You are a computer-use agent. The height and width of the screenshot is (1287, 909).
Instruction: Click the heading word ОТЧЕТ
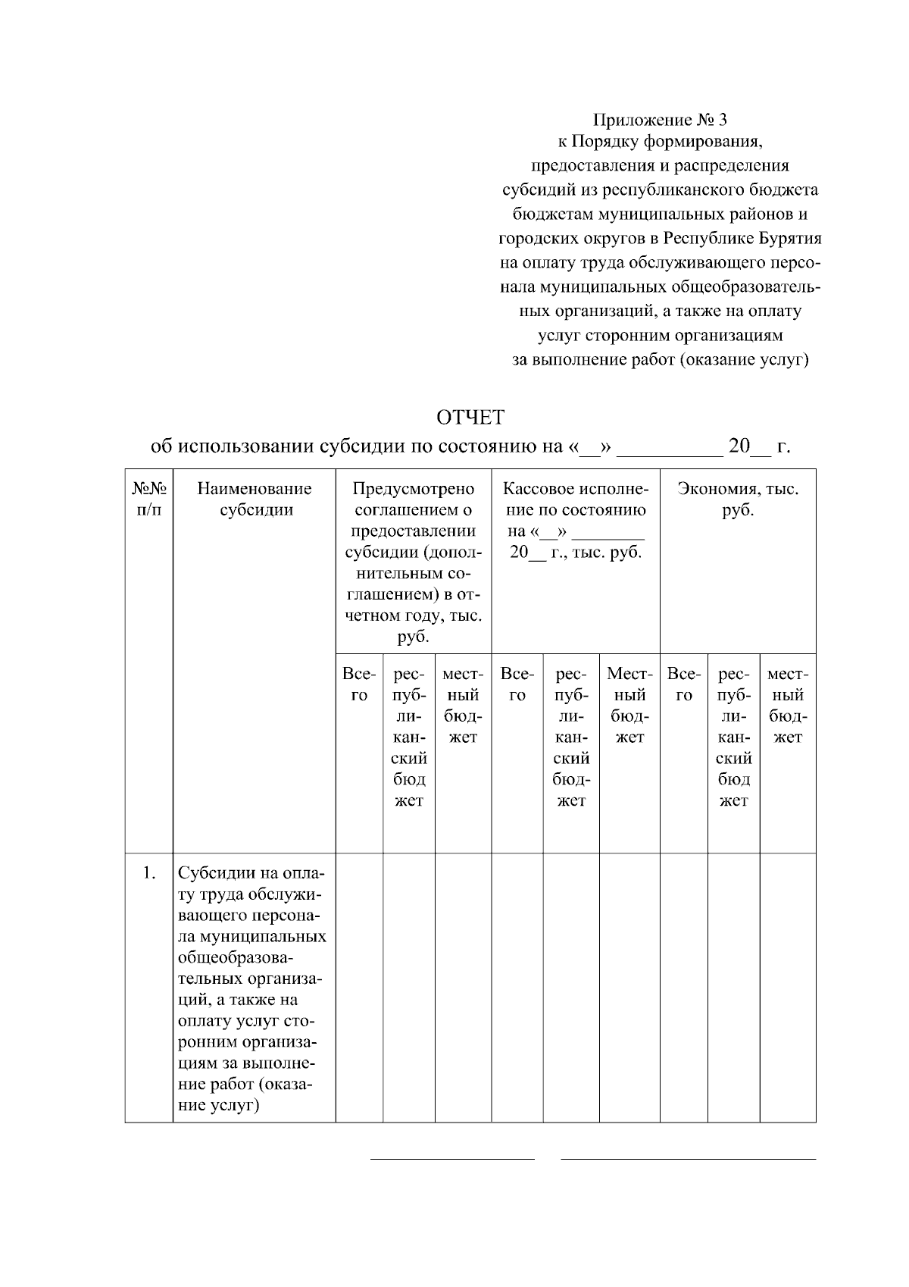(x=470, y=418)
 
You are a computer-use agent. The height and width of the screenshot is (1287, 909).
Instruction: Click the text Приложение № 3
(x=660, y=120)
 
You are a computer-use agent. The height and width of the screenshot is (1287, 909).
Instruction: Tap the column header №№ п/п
(x=149, y=499)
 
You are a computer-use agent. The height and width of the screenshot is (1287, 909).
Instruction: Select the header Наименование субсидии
(x=255, y=499)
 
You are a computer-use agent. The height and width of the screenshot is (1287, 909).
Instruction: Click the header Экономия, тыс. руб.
(x=738, y=499)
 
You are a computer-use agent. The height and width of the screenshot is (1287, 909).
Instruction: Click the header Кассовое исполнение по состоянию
(x=576, y=520)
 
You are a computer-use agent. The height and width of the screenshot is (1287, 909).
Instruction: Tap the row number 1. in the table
(x=148, y=873)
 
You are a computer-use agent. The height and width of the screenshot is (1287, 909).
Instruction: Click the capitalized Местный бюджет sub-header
(x=629, y=705)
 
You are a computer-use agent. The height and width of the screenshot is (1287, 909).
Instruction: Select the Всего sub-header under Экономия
(x=684, y=684)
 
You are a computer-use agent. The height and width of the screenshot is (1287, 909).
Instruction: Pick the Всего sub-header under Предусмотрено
(x=359, y=684)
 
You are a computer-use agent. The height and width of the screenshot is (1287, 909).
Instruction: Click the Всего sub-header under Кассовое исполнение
(x=517, y=684)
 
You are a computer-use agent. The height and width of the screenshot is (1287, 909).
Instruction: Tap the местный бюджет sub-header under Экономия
(x=788, y=705)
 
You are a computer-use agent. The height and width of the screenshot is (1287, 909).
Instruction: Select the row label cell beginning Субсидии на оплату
(x=254, y=988)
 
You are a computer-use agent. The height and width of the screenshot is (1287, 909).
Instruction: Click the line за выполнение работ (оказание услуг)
(x=661, y=360)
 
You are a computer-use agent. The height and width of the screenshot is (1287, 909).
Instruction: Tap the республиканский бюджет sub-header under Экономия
(x=733, y=737)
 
